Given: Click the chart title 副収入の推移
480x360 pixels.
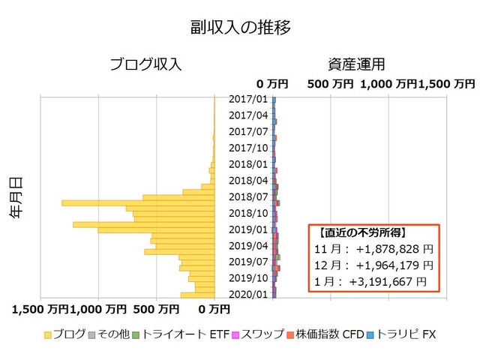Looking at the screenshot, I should pyautogui.click(x=240, y=28).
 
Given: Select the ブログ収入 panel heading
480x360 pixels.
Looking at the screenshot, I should pyautogui.click(x=145, y=64).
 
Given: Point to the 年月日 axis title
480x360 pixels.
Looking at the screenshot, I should pyautogui.click(x=16, y=197).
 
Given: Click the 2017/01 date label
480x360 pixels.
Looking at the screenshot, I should pyautogui.click(x=247, y=99).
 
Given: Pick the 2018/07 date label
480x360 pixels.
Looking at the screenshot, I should pyautogui.click(x=247, y=197).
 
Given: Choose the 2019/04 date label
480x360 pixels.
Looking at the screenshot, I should pyautogui.click(x=247, y=245).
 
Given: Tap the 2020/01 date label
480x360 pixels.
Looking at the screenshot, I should pyautogui.click(x=247, y=294).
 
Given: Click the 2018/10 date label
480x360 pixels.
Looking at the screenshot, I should pyautogui.click(x=247, y=213).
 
